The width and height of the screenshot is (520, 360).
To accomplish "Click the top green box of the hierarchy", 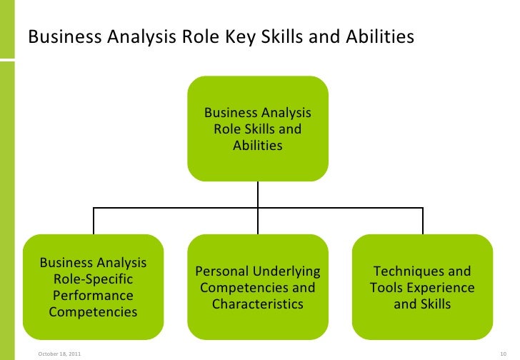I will (258, 129).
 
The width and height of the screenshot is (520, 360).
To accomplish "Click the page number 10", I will (500, 351).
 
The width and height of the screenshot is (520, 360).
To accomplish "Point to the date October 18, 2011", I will (59, 351).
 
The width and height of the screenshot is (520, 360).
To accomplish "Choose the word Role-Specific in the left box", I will (93, 279).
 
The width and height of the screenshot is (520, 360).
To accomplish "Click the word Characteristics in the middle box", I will (258, 304).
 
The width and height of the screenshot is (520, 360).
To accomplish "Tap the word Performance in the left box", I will (93, 296).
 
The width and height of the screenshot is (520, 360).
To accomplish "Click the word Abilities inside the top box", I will (258, 146).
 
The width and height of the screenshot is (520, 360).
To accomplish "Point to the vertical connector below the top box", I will (258, 194).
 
